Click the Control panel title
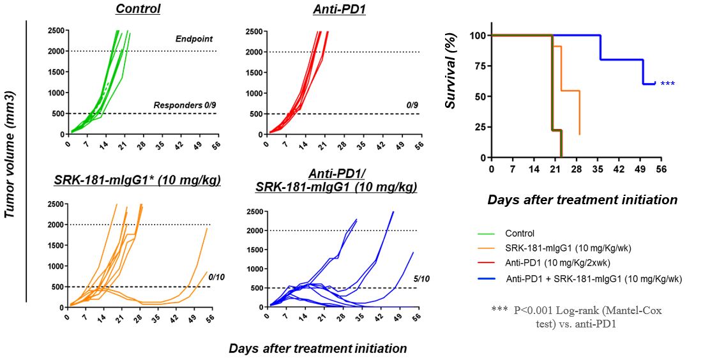(137, 9)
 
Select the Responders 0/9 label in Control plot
(185, 105)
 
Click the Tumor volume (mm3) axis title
(11, 154)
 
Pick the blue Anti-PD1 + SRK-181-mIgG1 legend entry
(594, 278)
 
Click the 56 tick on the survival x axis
(661, 169)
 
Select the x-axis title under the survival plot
(582, 199)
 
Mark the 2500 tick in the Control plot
(55, 31)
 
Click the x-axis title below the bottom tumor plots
(317, 349)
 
